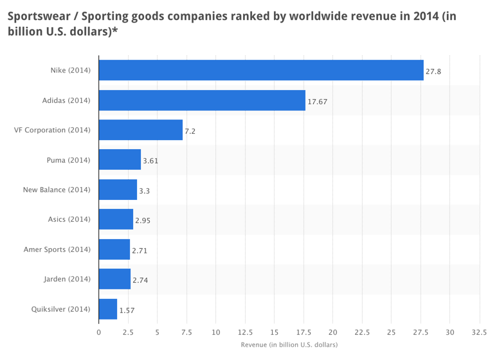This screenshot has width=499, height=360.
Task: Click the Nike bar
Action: (x=261, y=70)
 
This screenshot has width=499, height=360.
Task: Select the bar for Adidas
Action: (x=202, y=100)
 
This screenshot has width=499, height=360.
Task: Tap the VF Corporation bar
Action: (x=141, y=130)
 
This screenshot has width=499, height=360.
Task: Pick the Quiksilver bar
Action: (x=108, y=309)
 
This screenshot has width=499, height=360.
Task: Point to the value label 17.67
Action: (x=318, y=101)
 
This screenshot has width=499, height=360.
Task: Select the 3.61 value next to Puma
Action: (x=150, y=161)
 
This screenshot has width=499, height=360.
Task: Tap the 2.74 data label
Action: (x=140, y=280)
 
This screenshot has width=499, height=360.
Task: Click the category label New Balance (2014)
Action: (x=57, y=190)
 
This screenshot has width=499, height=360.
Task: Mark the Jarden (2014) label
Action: (x=68, y=279)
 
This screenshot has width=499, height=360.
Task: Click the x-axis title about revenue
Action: (x=289, y=345)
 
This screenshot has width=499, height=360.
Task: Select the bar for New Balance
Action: (x=118, y=190)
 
